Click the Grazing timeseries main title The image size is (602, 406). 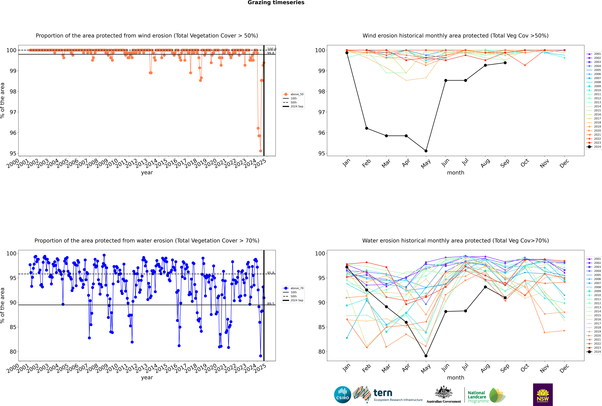pyautogui.click(x=276, y=3)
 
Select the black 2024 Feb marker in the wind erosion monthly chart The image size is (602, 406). pyautogui.click(x=366, y=128)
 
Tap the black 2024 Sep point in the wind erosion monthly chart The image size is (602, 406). pyautogui.click(x=505, y=63)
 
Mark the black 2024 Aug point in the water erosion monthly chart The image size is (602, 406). pyautogui.click(x=485, y=287)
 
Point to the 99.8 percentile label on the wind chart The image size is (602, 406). pyautogui.click(x=271, y=53)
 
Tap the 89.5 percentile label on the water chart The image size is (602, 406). pyautogui.click(x=271, y=304)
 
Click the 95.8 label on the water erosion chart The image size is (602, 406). pyautogui.click(x=271, y=273)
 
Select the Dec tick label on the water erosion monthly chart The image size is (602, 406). pyautogui.click(x=564, y=368)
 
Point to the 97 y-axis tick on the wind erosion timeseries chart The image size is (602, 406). pyautogui.click(x=13, y=112)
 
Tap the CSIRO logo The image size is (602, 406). pyautogui.click(x=342, y=395)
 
